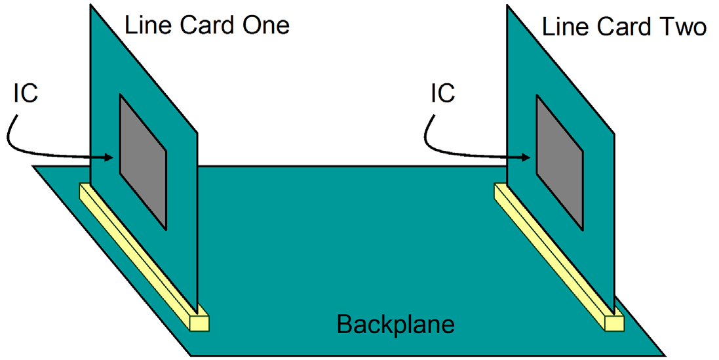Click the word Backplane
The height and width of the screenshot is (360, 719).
click(395, 324)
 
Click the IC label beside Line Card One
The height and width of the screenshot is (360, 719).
click(26, 94)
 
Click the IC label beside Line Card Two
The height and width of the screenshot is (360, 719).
click(442, 94)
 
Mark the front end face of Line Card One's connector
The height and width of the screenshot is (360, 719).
click(199, 323)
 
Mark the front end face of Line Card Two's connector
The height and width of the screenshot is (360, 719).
click(615, 323)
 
